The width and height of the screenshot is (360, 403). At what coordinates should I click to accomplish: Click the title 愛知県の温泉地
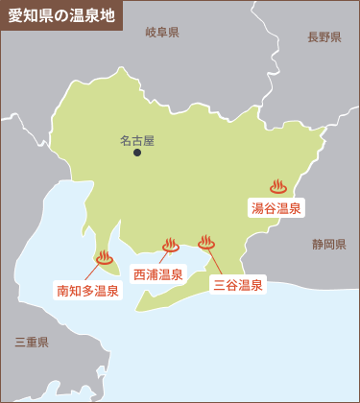click(60, 16)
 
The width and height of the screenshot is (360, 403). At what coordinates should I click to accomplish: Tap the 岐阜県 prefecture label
click(162, 33)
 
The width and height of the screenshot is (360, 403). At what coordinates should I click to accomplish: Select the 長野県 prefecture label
click(324, 37)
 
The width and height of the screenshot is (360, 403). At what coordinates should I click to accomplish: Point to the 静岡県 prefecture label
click(328, 245)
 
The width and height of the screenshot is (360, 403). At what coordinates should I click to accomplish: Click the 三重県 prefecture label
click(32, 342)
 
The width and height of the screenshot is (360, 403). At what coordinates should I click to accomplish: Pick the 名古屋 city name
click(137, 139)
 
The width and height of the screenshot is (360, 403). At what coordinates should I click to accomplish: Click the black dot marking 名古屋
click(137, 153)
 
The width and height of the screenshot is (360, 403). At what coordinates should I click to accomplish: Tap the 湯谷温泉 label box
click(276, 207)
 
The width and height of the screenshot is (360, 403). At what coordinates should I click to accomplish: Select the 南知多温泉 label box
click(87, 290)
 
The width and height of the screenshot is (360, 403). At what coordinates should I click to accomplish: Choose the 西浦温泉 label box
click(158, 274)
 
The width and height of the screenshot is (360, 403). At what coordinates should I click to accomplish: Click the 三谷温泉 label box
click(237, 284)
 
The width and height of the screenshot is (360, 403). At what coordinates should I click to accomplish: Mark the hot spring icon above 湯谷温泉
click(278, 186)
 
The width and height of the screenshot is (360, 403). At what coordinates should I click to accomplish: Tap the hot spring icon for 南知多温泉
click(104, 257)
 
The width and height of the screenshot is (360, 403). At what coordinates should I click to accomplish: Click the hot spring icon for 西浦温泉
click(171, 245)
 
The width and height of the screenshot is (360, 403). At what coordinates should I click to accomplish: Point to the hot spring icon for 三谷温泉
click(206, 242)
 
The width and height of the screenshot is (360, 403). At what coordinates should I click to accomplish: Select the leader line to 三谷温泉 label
click(216, 261)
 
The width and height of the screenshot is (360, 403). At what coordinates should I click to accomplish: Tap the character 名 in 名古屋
click(126, 139)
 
